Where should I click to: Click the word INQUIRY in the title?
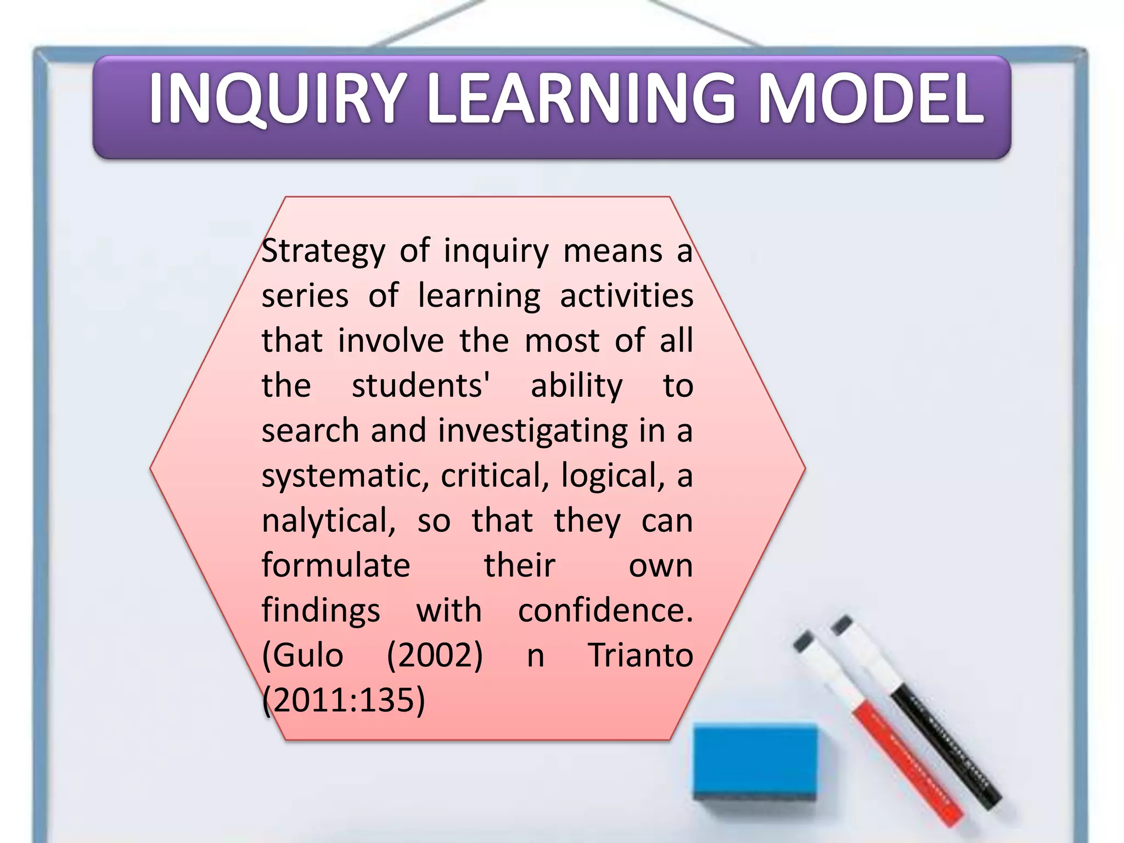pyautogui.click(x=277, y=99)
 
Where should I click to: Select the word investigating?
pyautogui.click(x=532, y=431)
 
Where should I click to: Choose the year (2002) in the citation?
pyautogui.click(x=435, y=655)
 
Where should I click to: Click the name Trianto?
pyautogui.click(x=640, y=655)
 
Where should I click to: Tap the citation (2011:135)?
pyautogui.click(x=344, y=700)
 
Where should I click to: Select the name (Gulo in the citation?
pyautogui.click(x=303, y=655)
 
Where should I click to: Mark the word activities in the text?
pyautogui.click(x=626, y=296)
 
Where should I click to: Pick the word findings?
pyautogui.click(x=321, y=610)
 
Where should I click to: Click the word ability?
pyautogui.click(x=577, y=386)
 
